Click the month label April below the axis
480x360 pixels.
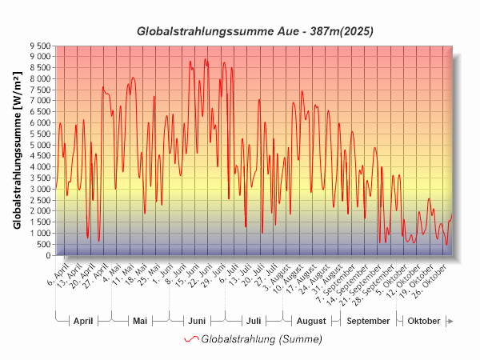click(x=83, y=321)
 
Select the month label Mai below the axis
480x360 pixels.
click(x=140, y=321)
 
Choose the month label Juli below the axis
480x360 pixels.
click(x=253, y=321)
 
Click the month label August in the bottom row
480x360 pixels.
click(x=311, y=321)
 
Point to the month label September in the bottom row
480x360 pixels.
click(x=369, y=321)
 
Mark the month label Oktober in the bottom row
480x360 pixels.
click(x=424, y=321)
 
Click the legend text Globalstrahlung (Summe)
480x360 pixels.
click(x=262, y=339)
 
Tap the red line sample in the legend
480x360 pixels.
click(x=191, y=339)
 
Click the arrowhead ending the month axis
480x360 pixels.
click(x=450, y=321)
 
